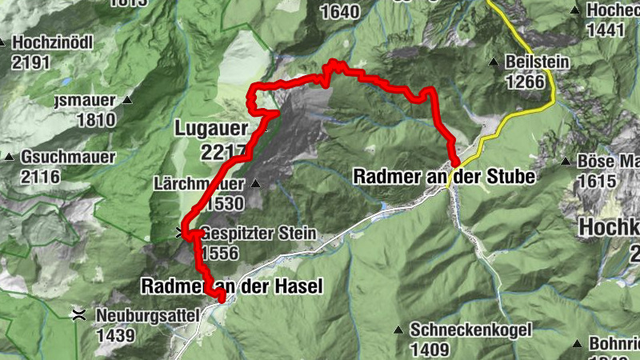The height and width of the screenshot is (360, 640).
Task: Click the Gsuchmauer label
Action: click(68, 158)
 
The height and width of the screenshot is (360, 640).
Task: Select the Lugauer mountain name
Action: click(210, 128)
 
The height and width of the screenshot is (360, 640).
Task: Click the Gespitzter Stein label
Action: click(258, 235)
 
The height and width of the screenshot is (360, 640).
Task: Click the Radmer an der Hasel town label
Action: click(232, 286)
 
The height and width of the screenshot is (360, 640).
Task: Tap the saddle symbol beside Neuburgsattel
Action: click(78, 315)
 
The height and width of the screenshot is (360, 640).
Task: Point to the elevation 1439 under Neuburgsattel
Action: click(115, 335)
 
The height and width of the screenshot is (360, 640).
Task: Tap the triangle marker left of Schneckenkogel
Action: click(398, 330)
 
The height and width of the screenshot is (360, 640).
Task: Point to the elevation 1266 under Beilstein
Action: click(525, 80)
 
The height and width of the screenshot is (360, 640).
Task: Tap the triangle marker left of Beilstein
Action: click(494, 62)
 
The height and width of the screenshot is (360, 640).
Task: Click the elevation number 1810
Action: click(97, 120)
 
